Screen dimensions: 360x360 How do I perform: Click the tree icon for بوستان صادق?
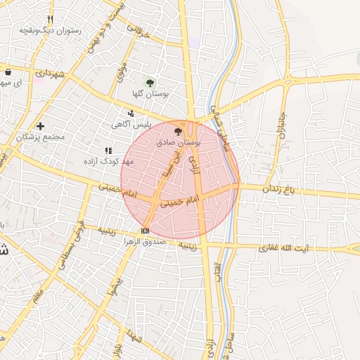(x=177, y=131)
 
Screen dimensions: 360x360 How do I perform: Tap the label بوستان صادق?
(x=179, y=142)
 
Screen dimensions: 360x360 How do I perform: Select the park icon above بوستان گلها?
(x=149, y=82)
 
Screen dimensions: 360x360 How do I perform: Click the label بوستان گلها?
(x=148, y=94)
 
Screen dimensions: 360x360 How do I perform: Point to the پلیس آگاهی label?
(x=131, y=124)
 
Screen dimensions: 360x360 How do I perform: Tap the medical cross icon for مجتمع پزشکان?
(x=40, y=126)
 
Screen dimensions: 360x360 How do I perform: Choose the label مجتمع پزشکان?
(x=40, y=136)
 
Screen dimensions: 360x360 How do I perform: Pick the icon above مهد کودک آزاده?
(x=108, y=150)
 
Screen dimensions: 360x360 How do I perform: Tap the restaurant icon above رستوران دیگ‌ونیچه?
(x=49, y=19)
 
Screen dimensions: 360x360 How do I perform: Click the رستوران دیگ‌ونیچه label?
(x=50, y=30)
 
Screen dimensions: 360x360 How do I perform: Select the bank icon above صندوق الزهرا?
(x=145, y=231)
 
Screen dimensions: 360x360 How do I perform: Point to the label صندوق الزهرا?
(x=146, y=241)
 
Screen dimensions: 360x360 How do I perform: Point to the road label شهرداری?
(x=50, y=73)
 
